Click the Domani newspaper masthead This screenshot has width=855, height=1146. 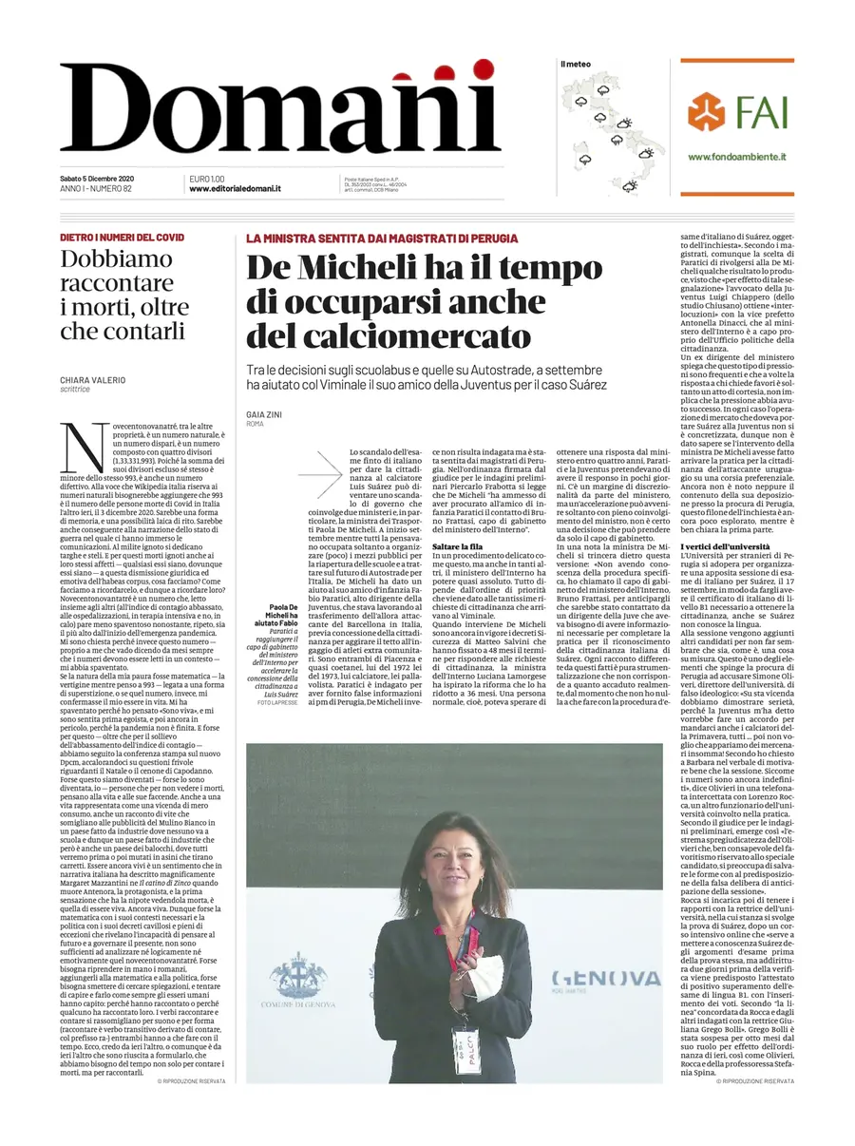(280, 109)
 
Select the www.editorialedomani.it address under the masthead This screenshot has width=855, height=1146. (235, 189)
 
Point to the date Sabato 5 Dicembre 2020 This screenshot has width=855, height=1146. (97, 179)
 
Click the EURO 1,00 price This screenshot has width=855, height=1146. (207, 179)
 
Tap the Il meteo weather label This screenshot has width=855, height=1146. (576, 65)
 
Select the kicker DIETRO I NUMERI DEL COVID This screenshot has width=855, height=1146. (122, 238)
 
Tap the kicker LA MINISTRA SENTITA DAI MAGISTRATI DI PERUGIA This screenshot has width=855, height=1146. (382, 238)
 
